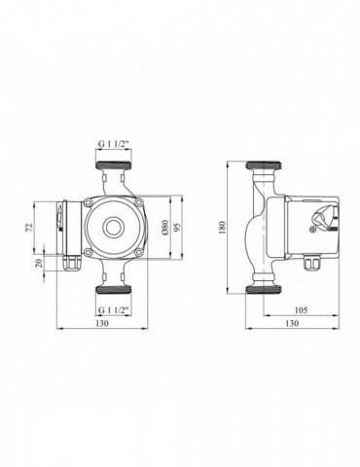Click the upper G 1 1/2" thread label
tap(114, 145)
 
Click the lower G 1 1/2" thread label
tap(114, 310)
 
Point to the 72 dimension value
tap(29, 228)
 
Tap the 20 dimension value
tap(40, 263)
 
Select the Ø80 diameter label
tap(165, 227)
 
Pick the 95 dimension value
tap(177, 228)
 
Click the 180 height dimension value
tap(222, 228)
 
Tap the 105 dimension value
tap(301, 310)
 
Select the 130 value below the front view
tap(102, 323)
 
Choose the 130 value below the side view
tap(292, 323)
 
